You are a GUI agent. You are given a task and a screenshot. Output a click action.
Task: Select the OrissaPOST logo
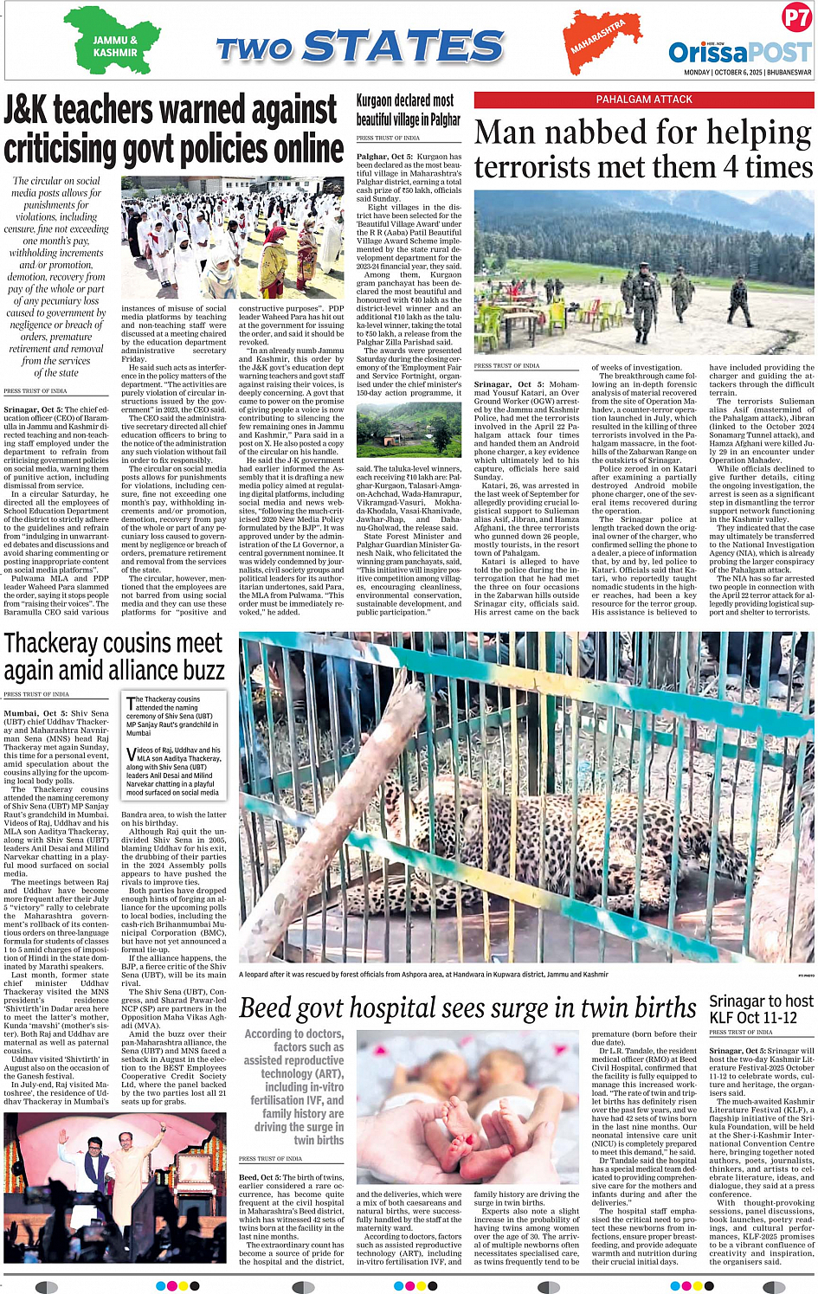[739, 52]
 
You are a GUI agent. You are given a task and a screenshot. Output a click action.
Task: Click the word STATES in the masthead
[403, 47]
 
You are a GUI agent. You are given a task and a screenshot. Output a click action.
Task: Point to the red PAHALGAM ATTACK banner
[643, 100]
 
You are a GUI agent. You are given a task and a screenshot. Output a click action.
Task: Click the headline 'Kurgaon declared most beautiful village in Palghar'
[408, 110]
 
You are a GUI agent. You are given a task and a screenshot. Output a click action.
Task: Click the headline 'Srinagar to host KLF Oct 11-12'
[760, 1008]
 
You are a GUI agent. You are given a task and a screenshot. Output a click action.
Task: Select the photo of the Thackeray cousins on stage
[115, 1187]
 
